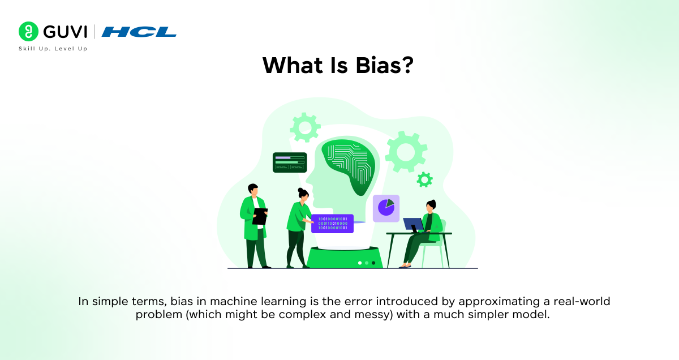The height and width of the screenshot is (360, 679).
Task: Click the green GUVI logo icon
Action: (x=28, y=31)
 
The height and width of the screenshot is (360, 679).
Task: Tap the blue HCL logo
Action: (x=139, y=32)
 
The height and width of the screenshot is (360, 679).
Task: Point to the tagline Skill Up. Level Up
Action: (x=53, y=49)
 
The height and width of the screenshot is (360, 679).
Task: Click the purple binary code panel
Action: (x=332, y=224)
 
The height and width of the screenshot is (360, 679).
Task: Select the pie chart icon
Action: (x=386, y=208)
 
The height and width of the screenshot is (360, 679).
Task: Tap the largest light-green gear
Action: (x=406, y=151)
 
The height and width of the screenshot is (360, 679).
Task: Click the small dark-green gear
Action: (x=424, y=180)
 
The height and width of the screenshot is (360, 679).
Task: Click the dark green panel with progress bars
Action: (x=289, y=162)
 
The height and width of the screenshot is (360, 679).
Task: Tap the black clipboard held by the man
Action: (x=260, y=216)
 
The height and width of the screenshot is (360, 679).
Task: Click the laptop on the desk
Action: (x=412, y=225)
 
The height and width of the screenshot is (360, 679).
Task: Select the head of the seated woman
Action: (x=431, y=205)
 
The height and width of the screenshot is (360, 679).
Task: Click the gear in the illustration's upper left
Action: (x=305, y=127)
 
